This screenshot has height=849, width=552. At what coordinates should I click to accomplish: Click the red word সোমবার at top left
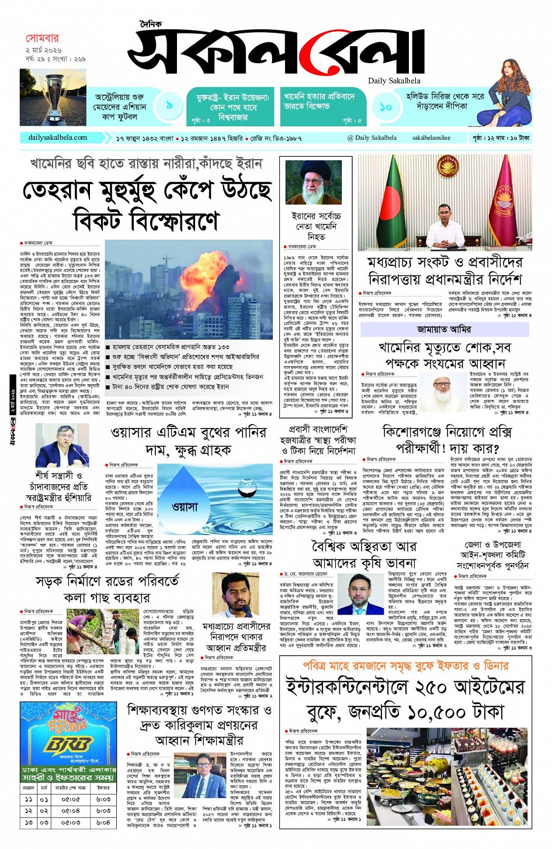click(x=42, y=39)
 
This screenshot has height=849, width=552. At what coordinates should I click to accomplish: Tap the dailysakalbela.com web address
click(x=57, y=138)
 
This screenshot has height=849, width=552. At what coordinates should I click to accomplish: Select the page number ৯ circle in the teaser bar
click(x=169, y=105)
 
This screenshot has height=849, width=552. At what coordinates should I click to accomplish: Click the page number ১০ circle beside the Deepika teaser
click(x=386, y=107)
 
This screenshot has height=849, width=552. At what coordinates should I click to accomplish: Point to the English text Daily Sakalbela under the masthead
click(x=394, y=81)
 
